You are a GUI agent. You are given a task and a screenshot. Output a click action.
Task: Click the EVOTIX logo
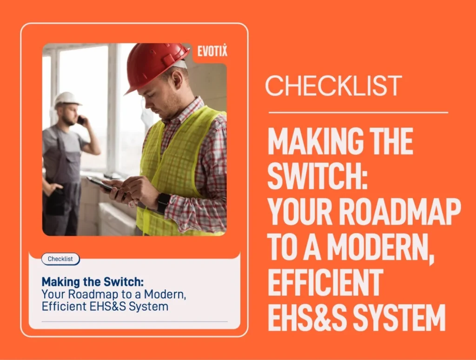(212, 50)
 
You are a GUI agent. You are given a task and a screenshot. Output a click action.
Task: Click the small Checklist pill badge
(60, 259)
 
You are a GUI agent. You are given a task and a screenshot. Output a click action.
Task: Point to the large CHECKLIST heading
(334, 86)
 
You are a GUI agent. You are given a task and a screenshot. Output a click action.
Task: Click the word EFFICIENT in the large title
(325, 283)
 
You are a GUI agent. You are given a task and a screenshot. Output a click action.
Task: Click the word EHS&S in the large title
(307, 319)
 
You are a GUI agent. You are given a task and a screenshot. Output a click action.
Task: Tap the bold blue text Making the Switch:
(93, 282)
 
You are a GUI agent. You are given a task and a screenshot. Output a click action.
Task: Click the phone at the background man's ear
(80, 120)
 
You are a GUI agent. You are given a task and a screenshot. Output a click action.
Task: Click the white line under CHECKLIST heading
(358, 113)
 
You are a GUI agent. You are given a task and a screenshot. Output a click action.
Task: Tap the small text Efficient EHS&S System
(105, 306)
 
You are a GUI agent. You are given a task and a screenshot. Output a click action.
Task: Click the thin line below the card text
(134, 321)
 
